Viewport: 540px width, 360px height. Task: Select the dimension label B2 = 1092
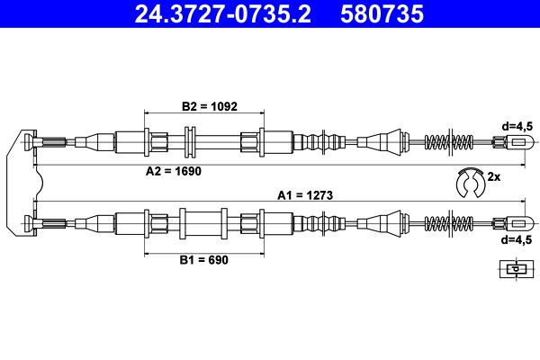(209, 105)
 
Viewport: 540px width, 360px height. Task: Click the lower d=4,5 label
(517, 240)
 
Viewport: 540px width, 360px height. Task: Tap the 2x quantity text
(493, 177)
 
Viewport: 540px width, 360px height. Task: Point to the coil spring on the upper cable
(447, 141)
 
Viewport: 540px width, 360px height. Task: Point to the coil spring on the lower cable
(447, 222)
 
